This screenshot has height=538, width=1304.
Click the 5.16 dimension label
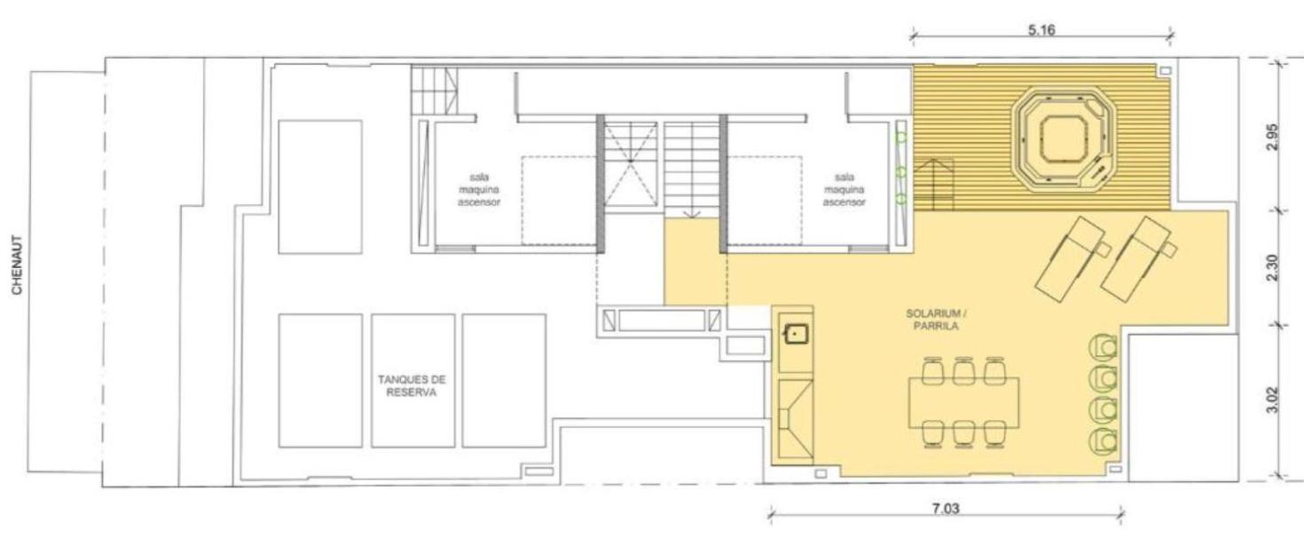click(x=1041, y=30)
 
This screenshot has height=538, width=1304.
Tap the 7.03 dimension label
click(x=946, y=509)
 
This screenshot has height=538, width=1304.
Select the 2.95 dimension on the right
click(x=1273, y=137)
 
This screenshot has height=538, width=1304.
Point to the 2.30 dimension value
click(x=1273, y=267)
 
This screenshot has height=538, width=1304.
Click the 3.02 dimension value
click(x=1273, y=400)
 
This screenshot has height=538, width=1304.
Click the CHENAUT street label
click(x=17, y=265)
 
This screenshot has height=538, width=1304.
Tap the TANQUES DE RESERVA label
click(x=412, y=386)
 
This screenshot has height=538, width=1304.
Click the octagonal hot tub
click(x=1064, y=140)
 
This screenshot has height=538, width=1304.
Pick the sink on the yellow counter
click(x=795, y=334)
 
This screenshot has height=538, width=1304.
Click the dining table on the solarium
click(x=964, y=403)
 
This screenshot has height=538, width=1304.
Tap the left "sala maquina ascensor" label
click(x=479, y=190)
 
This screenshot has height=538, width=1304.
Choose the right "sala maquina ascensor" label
click(x=844, y=190)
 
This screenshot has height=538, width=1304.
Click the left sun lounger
click(x=1072, y=259)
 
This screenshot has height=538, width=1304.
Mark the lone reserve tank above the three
click(x=320, y=187)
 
